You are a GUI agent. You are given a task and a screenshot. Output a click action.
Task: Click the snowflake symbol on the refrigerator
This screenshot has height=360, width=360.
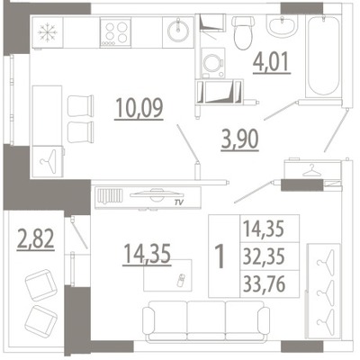tap(48, 32)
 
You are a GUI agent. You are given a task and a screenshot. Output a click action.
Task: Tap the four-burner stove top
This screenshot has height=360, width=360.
tap(115, 32)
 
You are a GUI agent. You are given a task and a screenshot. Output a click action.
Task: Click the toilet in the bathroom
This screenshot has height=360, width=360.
tap(244, 32)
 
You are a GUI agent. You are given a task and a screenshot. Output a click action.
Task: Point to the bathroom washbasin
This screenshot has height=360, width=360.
tap(282, 26)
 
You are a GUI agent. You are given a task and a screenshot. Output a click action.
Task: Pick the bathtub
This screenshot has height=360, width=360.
tap(324, 57)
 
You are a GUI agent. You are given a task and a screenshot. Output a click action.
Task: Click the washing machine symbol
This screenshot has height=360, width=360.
tap(213, 63)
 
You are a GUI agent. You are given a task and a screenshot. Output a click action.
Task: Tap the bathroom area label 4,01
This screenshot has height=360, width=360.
tap(272, 62)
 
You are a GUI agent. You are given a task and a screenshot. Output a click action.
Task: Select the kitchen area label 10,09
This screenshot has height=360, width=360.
tap(139, 108)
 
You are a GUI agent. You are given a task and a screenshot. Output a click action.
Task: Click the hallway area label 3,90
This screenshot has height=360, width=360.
tap(239, 140)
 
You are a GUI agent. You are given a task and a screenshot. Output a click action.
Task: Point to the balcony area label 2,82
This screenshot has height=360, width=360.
tap(35, 239)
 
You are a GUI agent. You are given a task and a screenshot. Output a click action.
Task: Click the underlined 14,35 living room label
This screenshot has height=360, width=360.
tap(147, 255)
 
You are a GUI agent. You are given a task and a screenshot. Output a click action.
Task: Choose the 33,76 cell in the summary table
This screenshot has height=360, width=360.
tap(264, 284)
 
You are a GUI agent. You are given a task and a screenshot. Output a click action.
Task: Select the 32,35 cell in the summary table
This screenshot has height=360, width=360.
tap(264, 256)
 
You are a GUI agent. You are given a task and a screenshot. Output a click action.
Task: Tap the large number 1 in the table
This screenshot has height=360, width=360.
tap(220, 256)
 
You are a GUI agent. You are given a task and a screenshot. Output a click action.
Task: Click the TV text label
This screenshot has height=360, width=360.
tap(179, 203)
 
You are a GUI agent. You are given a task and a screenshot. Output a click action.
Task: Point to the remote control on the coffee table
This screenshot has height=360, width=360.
tap(182, 280)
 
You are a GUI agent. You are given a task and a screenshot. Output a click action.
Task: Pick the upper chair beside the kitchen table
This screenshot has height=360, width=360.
tap(81, 105)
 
